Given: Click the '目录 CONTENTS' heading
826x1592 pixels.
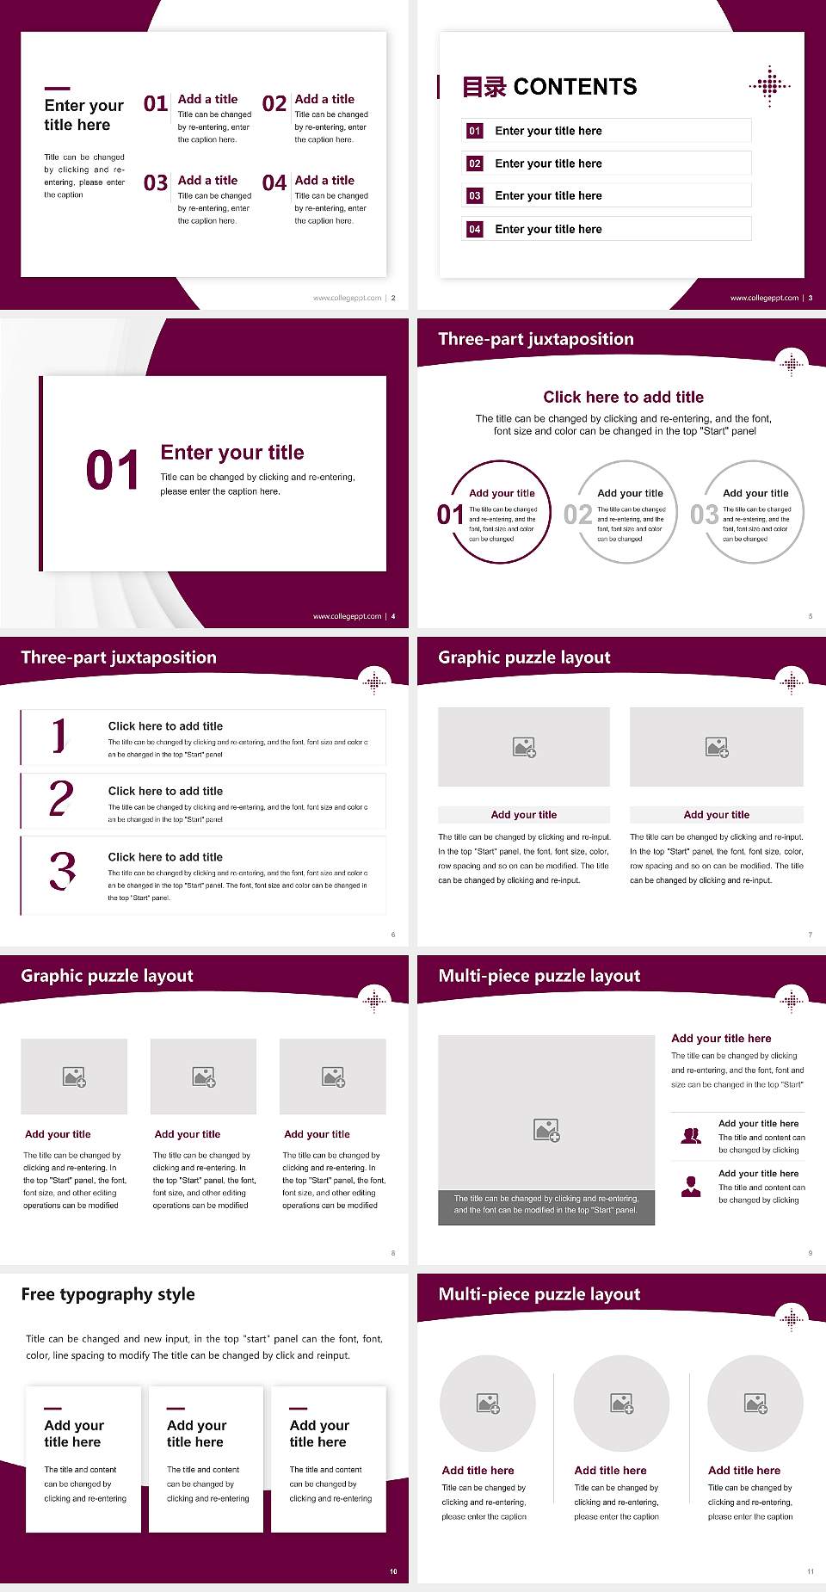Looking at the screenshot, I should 549,87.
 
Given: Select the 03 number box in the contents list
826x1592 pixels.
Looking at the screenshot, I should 474,196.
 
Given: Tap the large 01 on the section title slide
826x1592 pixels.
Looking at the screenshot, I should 112,471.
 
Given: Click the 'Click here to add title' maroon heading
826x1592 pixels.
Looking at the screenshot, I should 623,397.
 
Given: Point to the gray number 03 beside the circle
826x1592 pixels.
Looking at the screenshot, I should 704,515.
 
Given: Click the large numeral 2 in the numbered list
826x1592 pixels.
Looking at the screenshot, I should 61,799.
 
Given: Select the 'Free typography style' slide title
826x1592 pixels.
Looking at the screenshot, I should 108,1294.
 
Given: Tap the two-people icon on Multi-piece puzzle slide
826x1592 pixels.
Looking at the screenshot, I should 691,1136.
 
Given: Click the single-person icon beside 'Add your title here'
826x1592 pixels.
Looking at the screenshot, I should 691,1187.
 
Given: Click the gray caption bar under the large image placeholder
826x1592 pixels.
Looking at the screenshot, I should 546,1205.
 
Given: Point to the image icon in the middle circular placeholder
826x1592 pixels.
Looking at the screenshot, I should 622,1404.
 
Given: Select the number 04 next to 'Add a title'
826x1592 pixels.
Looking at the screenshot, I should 274,183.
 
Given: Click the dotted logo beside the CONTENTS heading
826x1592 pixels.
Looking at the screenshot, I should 769,86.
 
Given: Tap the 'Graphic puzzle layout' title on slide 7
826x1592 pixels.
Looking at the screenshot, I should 524,657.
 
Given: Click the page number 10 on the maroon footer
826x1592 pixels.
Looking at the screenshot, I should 393,1571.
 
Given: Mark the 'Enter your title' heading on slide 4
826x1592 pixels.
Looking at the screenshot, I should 232,453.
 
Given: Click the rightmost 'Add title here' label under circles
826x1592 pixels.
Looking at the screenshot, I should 743,1471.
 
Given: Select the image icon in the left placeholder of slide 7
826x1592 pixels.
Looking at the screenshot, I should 524,747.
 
